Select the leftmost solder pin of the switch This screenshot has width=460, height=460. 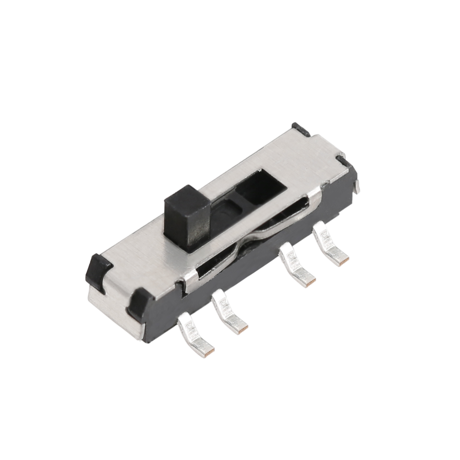point(195,336)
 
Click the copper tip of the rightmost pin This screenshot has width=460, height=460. point(345,260)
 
